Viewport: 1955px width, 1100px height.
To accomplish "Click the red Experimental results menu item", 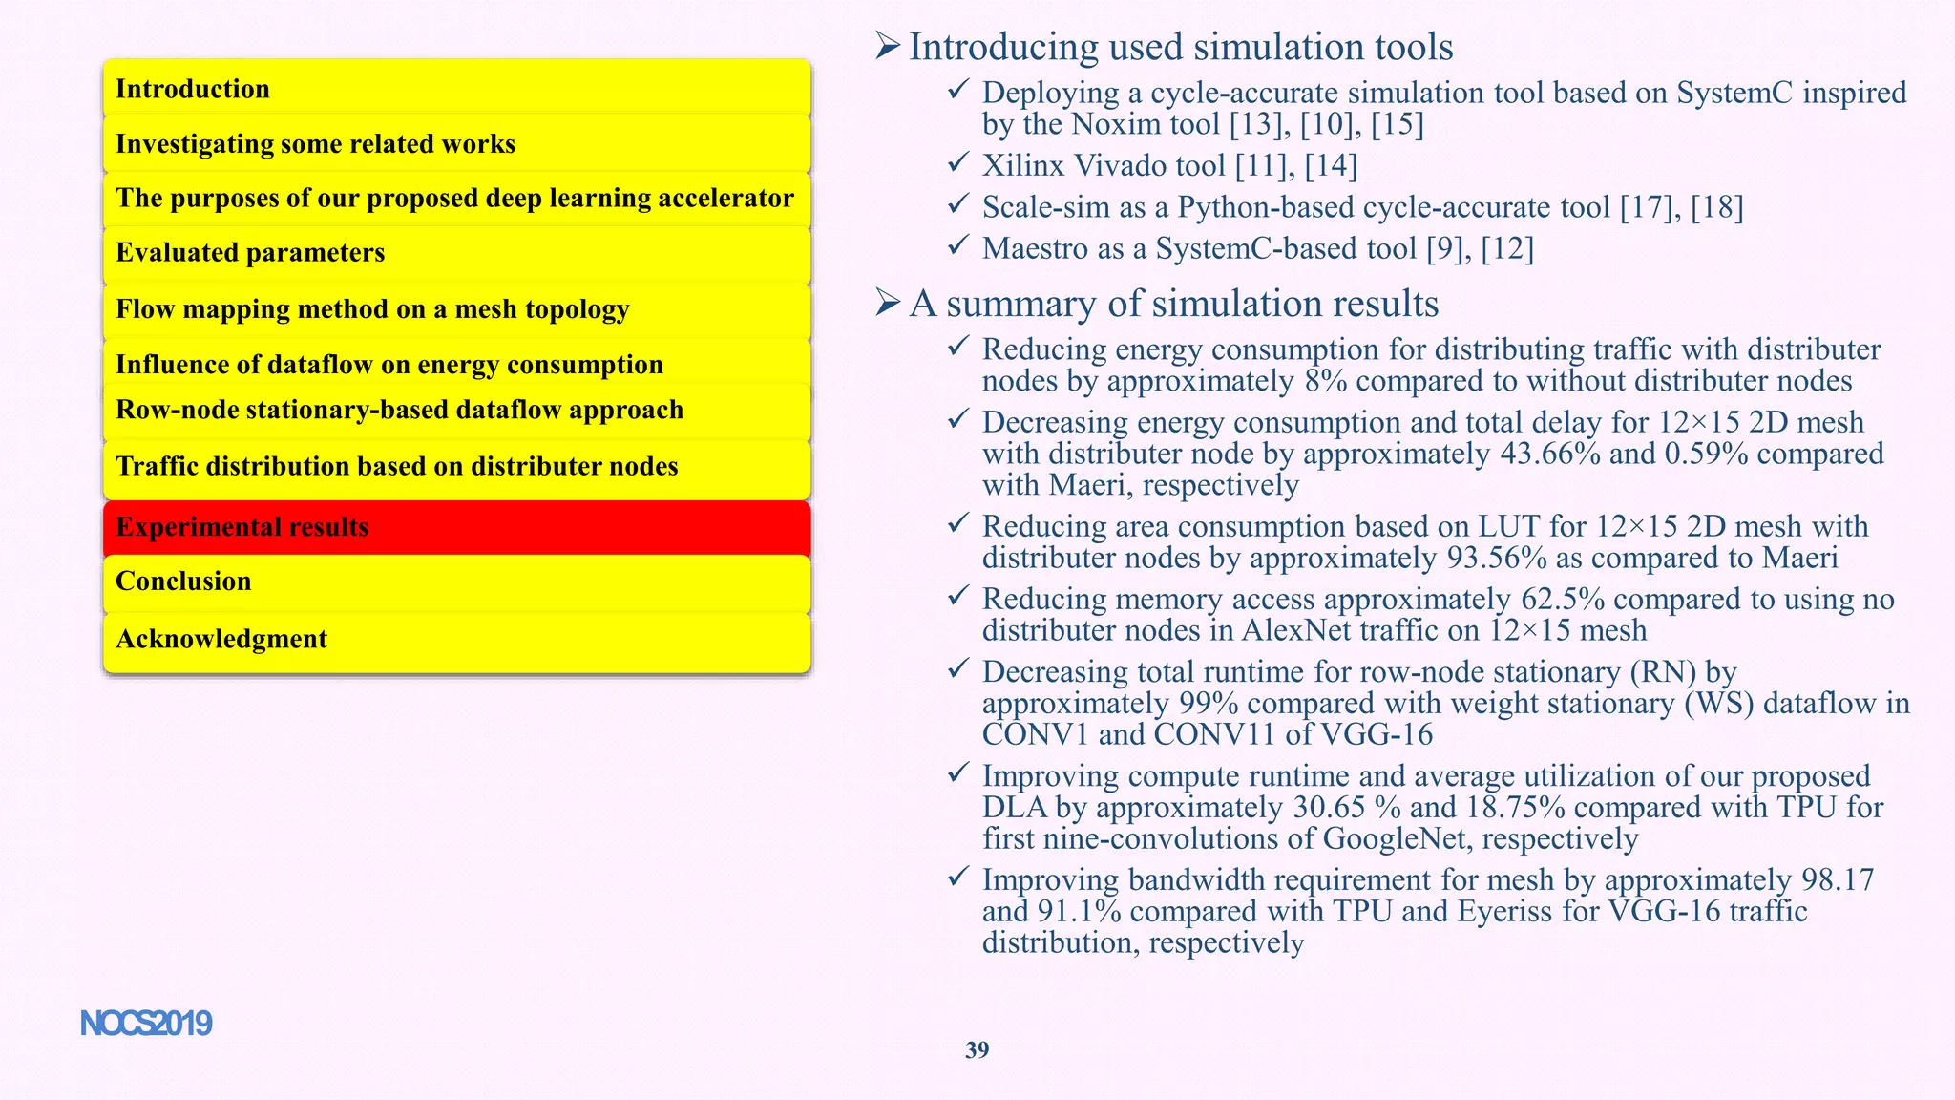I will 456,527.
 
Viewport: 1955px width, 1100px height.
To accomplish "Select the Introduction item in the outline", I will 456,89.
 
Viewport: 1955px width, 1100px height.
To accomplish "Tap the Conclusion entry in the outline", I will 456,582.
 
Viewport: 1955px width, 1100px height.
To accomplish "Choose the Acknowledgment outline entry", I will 456,639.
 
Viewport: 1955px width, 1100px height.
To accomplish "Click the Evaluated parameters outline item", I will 456,253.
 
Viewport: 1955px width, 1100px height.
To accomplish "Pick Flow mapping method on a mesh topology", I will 456,309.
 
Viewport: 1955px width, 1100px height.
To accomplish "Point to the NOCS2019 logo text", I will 146,1024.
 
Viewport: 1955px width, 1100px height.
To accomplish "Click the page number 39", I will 977,1050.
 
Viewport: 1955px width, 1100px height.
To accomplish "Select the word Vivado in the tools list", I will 1121,166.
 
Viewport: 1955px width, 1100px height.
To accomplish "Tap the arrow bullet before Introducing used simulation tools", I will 888,46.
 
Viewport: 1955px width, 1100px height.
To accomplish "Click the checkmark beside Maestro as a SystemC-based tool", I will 958,246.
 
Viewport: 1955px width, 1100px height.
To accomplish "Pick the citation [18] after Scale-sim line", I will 1716,208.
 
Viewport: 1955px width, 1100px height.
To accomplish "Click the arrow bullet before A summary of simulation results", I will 888,303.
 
